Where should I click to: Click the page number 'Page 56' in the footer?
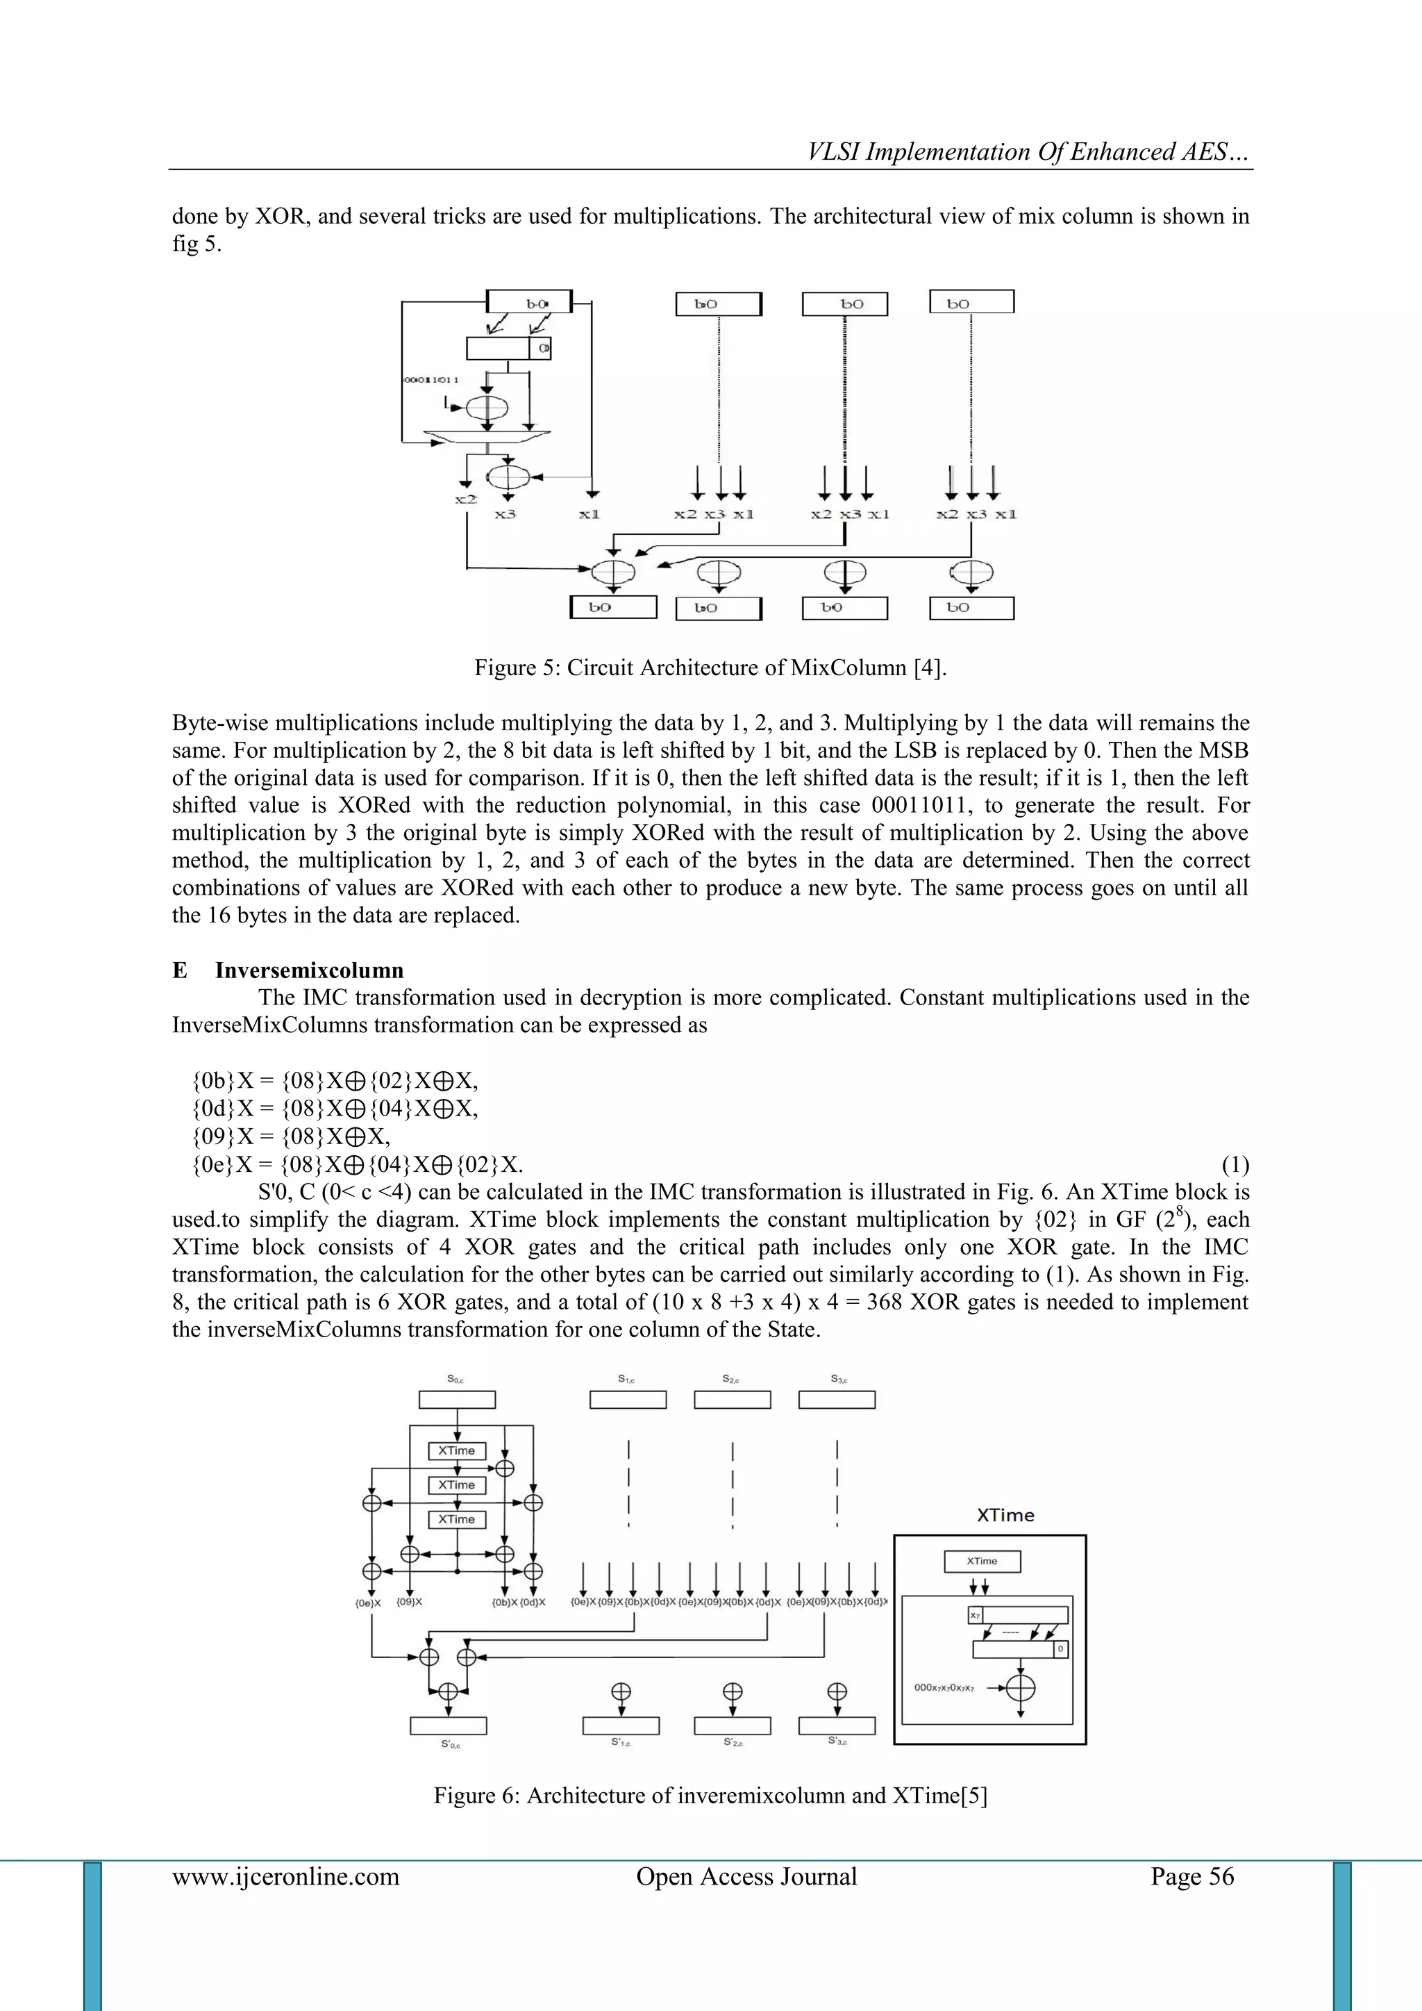1191,1876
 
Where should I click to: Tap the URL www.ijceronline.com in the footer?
285,1876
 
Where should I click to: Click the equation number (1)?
1235,1165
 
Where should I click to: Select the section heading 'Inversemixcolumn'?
309,970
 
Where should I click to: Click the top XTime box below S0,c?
456,1450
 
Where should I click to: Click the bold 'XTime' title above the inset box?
1005,1515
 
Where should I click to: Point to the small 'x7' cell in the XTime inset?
976,1615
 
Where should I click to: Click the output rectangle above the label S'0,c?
449,1726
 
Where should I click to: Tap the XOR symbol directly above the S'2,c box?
732,1691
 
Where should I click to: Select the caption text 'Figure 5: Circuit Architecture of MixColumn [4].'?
710,668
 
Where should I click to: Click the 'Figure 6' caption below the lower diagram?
710,1796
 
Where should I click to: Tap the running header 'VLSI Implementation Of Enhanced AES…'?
1029,152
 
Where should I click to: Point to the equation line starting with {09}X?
291,1137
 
